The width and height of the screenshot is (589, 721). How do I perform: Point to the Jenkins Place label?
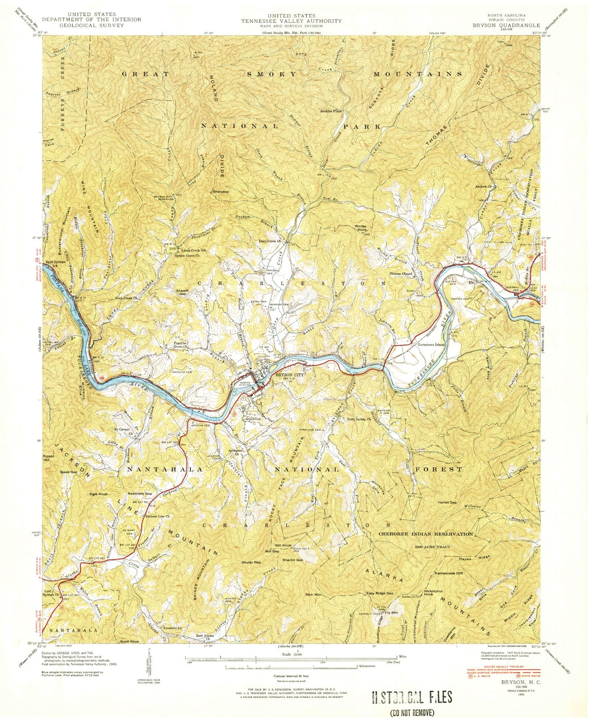click(x=331, y=111)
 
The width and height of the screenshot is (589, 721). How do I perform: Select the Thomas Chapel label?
click(x=401, y=273)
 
